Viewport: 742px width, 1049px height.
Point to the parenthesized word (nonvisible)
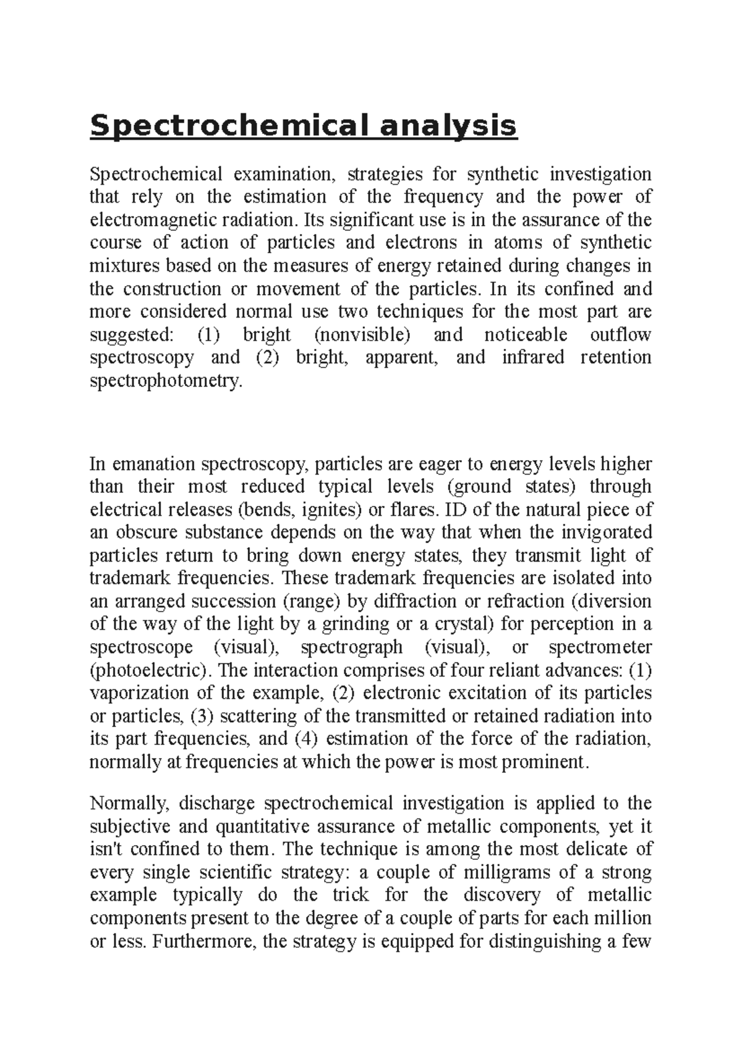click(x=362, y=335)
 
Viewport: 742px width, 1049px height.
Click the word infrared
click(x=533, y=358)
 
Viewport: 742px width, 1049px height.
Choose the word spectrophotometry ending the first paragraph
click(x=163, y=381)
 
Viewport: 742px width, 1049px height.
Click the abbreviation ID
click(x=454, y=510)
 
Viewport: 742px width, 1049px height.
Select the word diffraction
click(x=401, y=601)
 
